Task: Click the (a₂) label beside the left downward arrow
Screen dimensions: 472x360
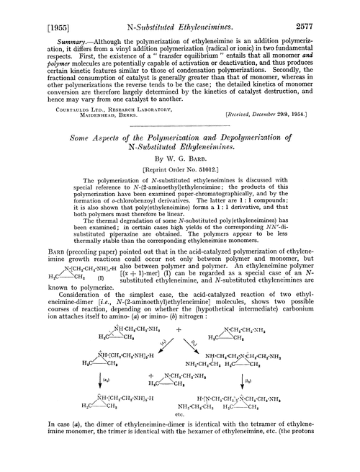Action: [x=107, y=417]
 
